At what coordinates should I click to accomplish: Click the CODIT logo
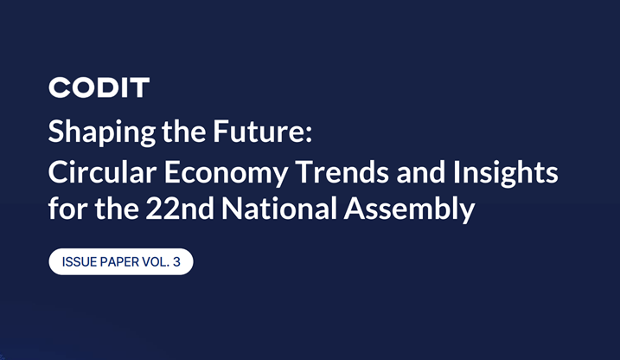99,87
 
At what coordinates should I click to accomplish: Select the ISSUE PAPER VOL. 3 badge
120,261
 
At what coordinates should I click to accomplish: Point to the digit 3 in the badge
176,261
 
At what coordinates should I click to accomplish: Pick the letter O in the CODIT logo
80,87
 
